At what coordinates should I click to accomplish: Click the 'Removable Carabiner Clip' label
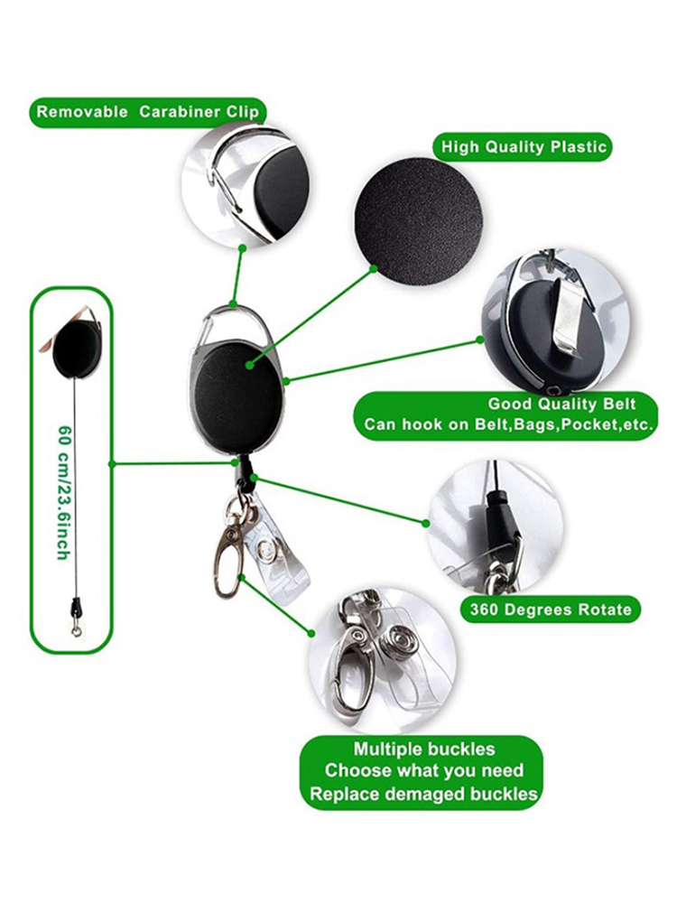[145, 112]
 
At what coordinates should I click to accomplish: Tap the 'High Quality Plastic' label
[524, 147]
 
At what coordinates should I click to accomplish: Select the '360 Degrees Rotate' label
[551, 609]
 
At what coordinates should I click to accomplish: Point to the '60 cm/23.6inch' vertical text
[63, 492]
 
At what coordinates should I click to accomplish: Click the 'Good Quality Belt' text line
[562, 405]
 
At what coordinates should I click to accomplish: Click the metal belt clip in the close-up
[569, 317]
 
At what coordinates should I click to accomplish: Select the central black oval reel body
[236, 396]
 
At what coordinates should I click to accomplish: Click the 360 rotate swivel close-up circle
[495, 528]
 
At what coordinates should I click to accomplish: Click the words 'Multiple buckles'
[424, 749]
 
